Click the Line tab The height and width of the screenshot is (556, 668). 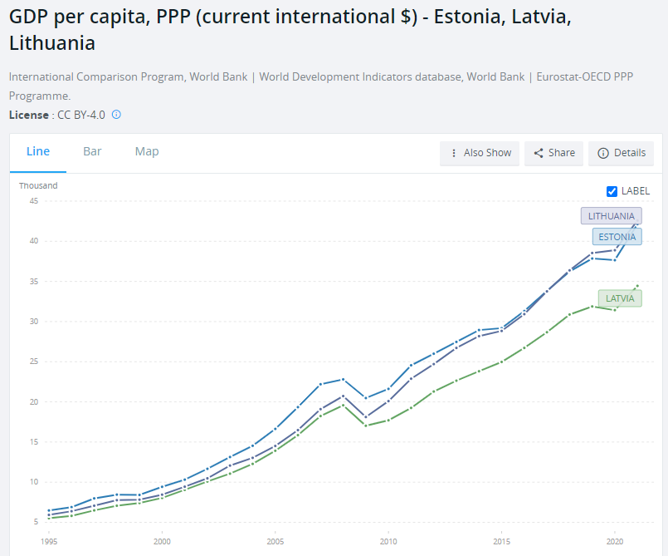click(x=38, y=151)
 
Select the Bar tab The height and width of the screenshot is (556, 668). click(x=92, y=151)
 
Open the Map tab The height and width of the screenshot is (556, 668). click(x=147, y=151)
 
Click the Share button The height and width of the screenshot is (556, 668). click(x=553, y=153)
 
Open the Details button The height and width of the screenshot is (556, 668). click(x=621, y=153)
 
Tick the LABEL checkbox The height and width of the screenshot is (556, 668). click(x=612, y=191)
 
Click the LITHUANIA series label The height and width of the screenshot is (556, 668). click(x=611, y=216)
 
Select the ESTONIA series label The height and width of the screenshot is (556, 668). click(x=617, y=237)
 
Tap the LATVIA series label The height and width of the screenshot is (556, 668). click(x=620, y=298)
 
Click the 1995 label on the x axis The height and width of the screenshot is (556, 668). click(x=49, y=540)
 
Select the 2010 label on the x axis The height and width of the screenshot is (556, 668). click(x=388, y=540)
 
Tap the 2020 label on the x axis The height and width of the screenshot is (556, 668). click(x=613, y=540)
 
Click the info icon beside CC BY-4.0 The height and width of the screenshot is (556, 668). click(x=116, y=115)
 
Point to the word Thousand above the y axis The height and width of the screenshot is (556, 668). click(x=38, y=185)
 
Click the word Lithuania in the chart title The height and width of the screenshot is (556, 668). click(x=52, y=43)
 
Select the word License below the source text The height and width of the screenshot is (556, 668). click(x=28, y=115)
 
